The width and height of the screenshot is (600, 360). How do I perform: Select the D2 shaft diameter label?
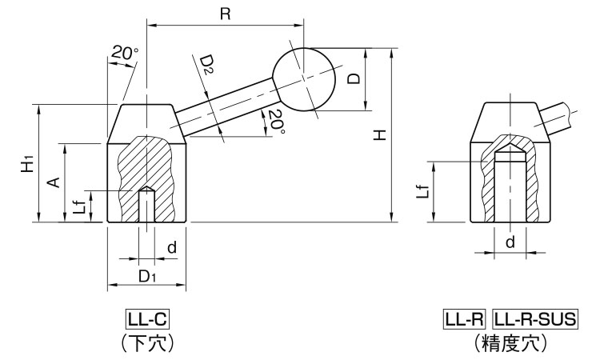(x=207, y=65)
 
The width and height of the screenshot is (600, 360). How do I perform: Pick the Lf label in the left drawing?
(x=79, y=206)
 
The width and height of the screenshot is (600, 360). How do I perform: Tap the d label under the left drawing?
(x=171, y=249)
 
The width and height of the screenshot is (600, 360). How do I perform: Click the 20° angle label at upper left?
(x=125, y=53)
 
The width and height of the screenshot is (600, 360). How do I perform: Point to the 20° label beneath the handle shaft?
(x=274, y=122)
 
